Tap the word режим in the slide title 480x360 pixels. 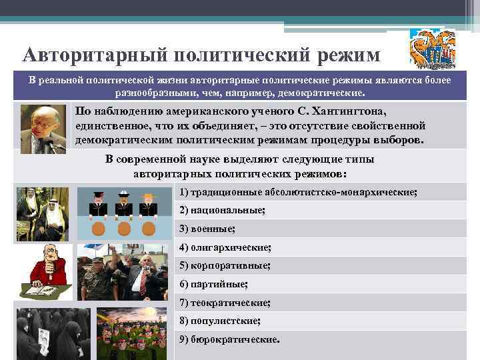pos(344,53)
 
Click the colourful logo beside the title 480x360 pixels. pos(431,50)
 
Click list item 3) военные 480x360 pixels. pos(207,229)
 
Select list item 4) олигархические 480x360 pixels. pos(225,247)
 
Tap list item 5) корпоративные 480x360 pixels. pos(224,265)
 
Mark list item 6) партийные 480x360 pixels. pos(213,284)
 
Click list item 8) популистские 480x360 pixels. pos(219,321)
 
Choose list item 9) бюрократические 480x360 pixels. pos(229,339)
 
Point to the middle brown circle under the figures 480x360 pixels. pos(123,228)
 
